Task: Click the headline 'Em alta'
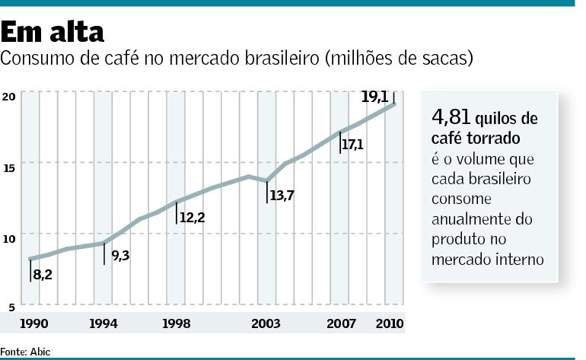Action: [53, 32]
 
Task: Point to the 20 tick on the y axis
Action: [9, 96]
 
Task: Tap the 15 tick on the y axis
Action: [9, 167]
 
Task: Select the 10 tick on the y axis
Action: [9, 239]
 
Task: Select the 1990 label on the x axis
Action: [34, 324]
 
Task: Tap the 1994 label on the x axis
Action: [104, 324]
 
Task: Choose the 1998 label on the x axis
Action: [176, 324]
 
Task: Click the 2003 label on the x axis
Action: [266, 324]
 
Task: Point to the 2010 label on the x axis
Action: [390, 324]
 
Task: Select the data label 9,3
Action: [120, 256]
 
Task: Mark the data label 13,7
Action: [282, 195]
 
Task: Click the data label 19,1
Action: [374, 97]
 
